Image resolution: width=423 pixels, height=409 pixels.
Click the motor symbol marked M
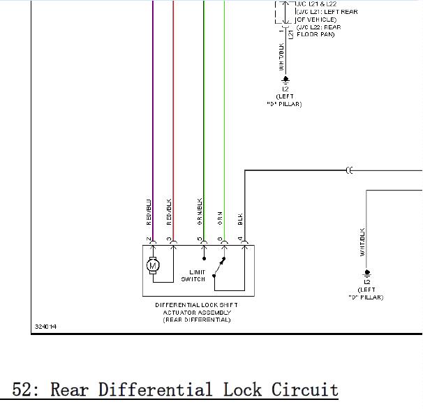(153, 265)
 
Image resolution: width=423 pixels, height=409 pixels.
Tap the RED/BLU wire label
(149, 212)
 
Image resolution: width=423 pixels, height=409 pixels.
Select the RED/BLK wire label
(170, 212)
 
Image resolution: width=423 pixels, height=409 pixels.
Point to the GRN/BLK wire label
(200, 211)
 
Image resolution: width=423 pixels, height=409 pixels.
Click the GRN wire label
(221, 218)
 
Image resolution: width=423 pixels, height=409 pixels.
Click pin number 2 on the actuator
(149, 240)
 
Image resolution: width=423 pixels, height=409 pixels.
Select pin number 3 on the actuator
(170, 240)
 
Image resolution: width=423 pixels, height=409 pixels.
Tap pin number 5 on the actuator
(200, 240)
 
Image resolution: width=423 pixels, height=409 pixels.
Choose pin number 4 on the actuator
(241, 240)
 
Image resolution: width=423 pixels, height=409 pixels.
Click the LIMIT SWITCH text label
(193, 276)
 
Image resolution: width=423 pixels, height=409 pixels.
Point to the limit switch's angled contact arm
(220, 266)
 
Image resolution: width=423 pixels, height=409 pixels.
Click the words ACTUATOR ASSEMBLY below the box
(198, 313)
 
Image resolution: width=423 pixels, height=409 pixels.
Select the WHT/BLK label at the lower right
(363, 241)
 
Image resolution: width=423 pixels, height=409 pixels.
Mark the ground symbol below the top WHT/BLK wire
(285, 80)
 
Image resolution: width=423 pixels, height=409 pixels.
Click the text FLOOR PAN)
(316, 34)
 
